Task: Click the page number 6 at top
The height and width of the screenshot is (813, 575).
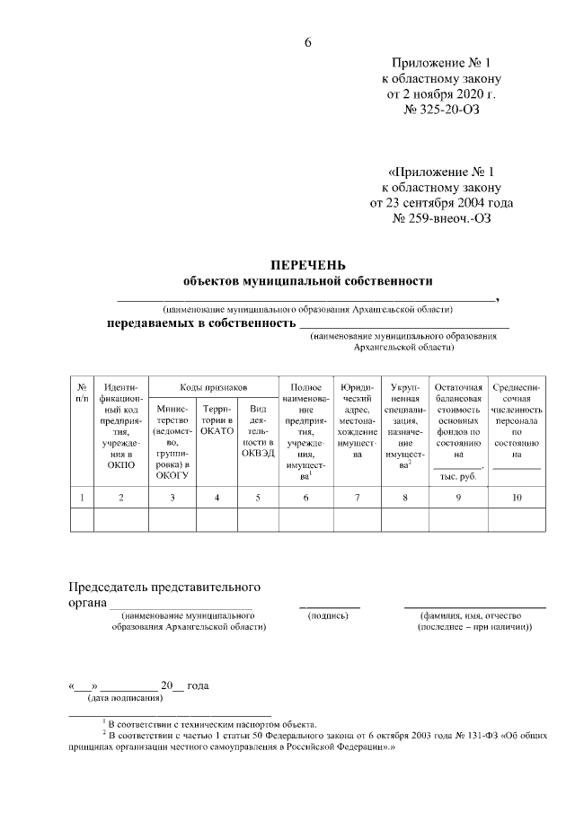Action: pos(307,44)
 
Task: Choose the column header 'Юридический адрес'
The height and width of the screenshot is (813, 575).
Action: pos(358,420)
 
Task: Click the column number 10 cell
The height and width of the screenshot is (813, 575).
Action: pos(516,497)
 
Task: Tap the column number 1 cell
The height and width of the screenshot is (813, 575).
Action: pos(82,497)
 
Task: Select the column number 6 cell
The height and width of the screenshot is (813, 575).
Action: pos(305,497)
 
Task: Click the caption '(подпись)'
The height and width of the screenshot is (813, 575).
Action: pos(328,615)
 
